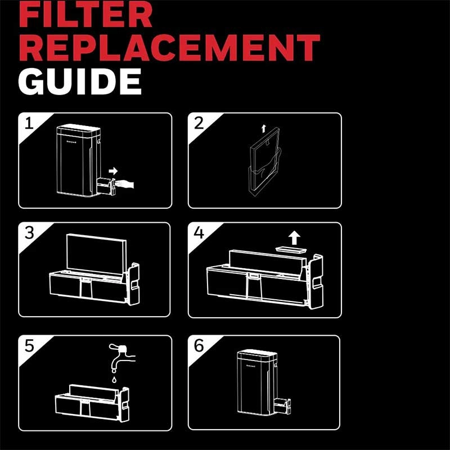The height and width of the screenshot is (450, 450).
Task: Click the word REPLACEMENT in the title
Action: click(x=169, y=48)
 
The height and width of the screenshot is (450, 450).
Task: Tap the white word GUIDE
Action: click(x=80, y=82)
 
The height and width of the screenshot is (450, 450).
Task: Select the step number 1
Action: click(x=29, y=124)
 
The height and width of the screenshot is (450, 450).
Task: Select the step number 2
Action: click(x=199, y=123)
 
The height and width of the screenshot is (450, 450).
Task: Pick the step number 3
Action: click(x=29, y=233)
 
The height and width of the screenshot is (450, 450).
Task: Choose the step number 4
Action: click(x=199, y=232)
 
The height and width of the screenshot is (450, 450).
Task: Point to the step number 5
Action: click(x=29, y=346)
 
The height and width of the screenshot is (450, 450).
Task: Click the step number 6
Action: click(x=199, y=345)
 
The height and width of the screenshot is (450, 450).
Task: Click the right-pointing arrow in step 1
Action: click(x=113, y=171)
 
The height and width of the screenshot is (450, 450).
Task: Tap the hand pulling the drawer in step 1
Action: click(x=125, y=184)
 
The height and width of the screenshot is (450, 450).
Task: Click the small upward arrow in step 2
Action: click(x=263, y=129)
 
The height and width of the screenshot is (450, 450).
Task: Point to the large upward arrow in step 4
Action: click(x=294, y=238)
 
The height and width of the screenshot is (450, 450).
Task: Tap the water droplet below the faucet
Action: click(x=115, y=380)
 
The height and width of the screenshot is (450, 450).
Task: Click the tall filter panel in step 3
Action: click(x=96, y=253)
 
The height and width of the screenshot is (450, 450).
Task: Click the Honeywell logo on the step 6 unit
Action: click(x=250, y=366)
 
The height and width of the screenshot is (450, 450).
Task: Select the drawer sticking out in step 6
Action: click(x=282, y=406)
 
